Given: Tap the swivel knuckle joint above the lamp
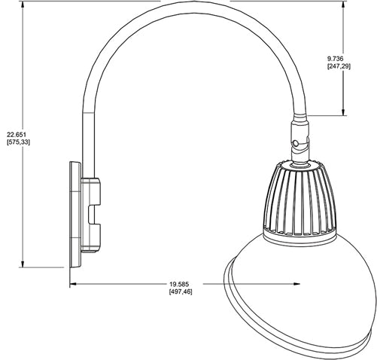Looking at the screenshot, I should tap(299, 139).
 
